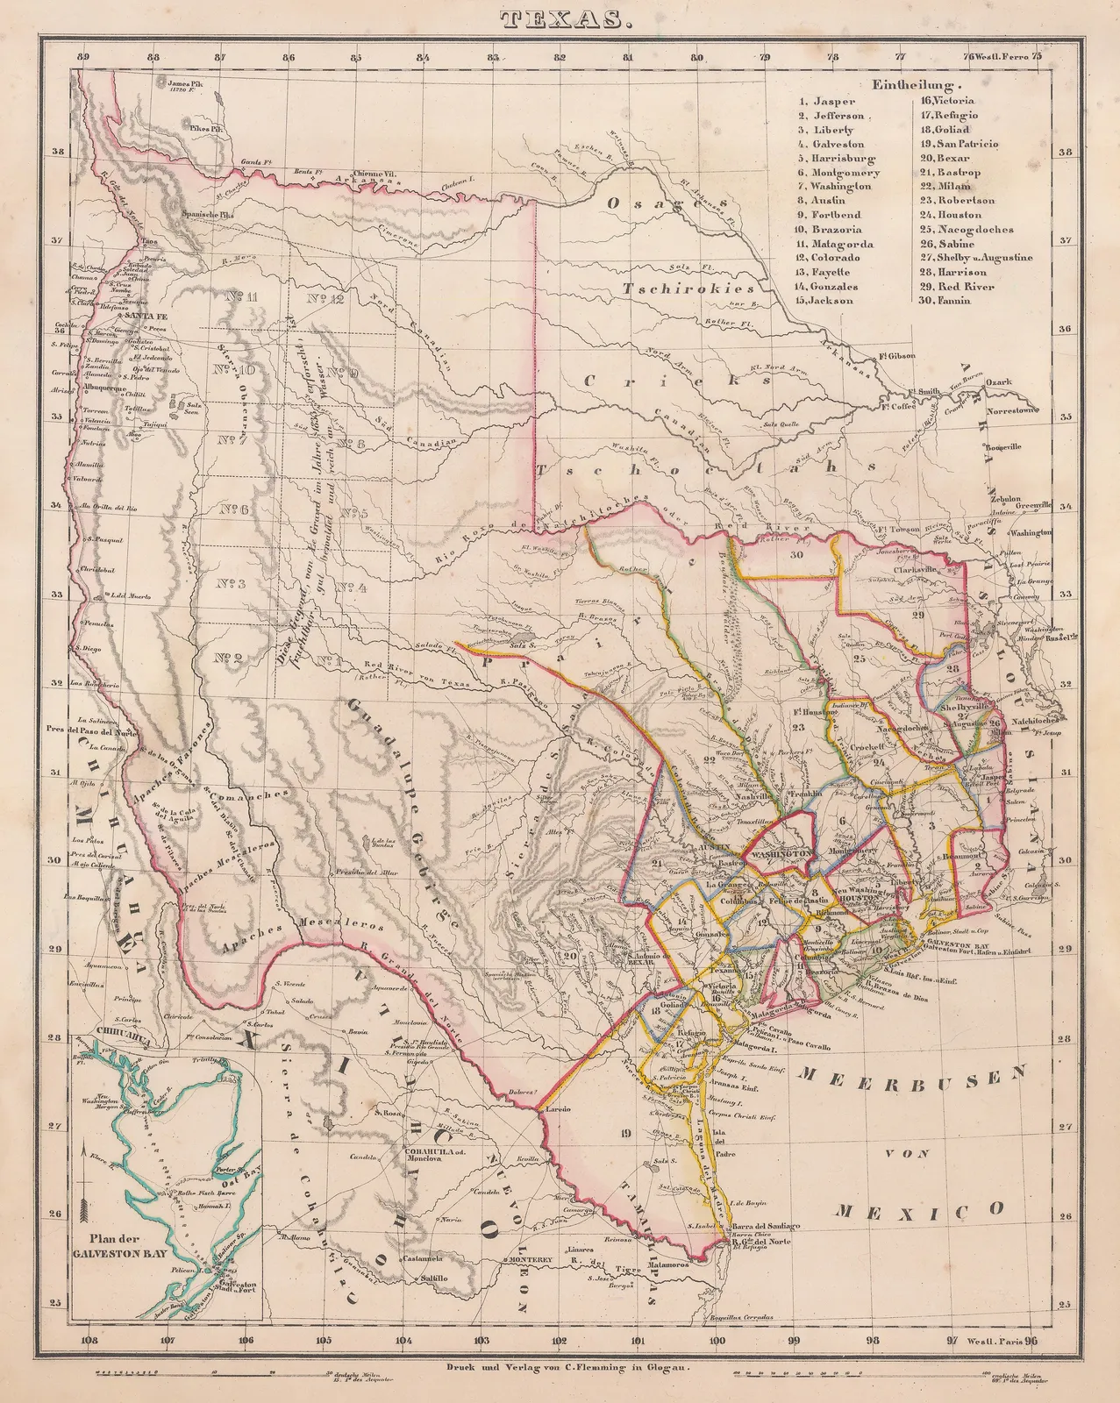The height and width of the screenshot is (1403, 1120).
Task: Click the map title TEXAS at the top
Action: coord(560,18)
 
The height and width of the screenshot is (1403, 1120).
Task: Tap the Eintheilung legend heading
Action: coord(917,86)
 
